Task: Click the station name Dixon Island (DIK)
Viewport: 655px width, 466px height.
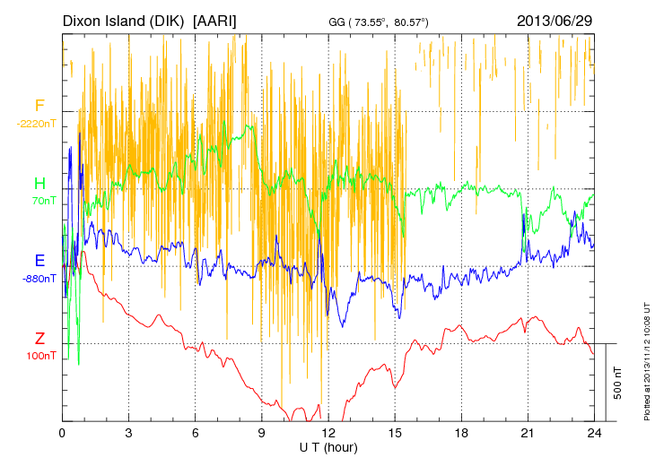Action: click(125, 20)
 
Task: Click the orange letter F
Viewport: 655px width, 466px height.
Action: click(39, 106)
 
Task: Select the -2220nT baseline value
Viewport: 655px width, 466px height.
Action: click(37, 124)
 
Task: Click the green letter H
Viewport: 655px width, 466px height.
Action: click(39, 184)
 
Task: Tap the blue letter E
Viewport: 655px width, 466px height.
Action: click(39, 261)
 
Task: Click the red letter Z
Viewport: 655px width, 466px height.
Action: click(39, 339)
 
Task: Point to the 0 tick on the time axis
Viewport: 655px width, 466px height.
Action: click(62, 433)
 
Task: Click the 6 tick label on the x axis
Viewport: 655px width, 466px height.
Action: click(195, 433)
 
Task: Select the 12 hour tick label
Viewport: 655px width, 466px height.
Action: click(328, 433)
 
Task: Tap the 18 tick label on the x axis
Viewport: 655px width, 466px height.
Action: click(461, 433)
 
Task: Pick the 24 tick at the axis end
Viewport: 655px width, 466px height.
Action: click(594, 433)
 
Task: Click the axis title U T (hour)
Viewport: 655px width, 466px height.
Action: click(328, 446)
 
